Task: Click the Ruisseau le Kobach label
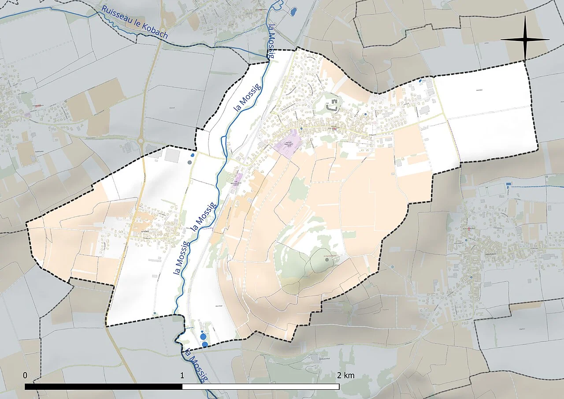135,22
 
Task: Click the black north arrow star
525,40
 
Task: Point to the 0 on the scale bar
25,376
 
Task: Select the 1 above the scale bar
182,376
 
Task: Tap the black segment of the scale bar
104,387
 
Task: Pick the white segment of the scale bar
260,387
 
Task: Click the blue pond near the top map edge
293,11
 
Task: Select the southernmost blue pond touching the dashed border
205,344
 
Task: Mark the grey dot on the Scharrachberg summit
327,260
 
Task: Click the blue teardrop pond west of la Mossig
192,155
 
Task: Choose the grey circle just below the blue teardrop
190,162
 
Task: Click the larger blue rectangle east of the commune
508,184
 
